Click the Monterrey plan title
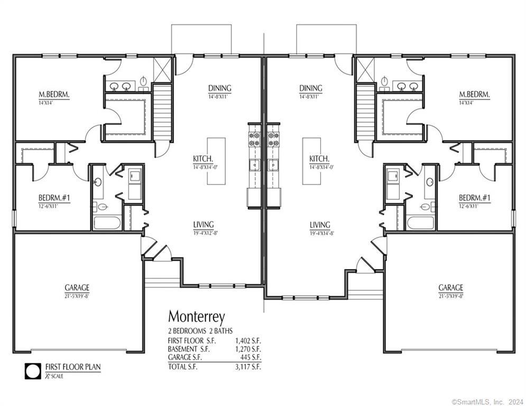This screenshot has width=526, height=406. [x=196, y=317]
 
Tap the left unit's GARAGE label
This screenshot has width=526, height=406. [x=77, y=288]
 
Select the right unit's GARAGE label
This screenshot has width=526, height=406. [x=450, y=288]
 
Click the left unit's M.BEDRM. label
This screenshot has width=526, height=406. [x=54, y=95]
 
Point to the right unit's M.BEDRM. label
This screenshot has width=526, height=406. [x=474, y=95]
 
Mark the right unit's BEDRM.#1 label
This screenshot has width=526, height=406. [x=474, y=198]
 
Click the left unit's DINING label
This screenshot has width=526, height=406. [x=219, y=88]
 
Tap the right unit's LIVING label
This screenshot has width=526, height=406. [x=320, y=225]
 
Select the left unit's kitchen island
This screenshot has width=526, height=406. [x=216, y=161]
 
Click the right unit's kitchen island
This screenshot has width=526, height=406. [x=311, y=161]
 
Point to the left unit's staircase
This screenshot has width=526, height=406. [x=163, y=112]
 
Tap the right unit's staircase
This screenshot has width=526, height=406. [x=365, y=112]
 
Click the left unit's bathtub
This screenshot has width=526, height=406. [x=107, y=223]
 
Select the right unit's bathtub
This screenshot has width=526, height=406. [x=420, y=223]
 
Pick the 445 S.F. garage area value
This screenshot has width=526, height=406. [x=250, y=357]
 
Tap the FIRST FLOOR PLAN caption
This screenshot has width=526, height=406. [x=72, y=366]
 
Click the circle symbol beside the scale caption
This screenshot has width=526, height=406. [x=33, y=371]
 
